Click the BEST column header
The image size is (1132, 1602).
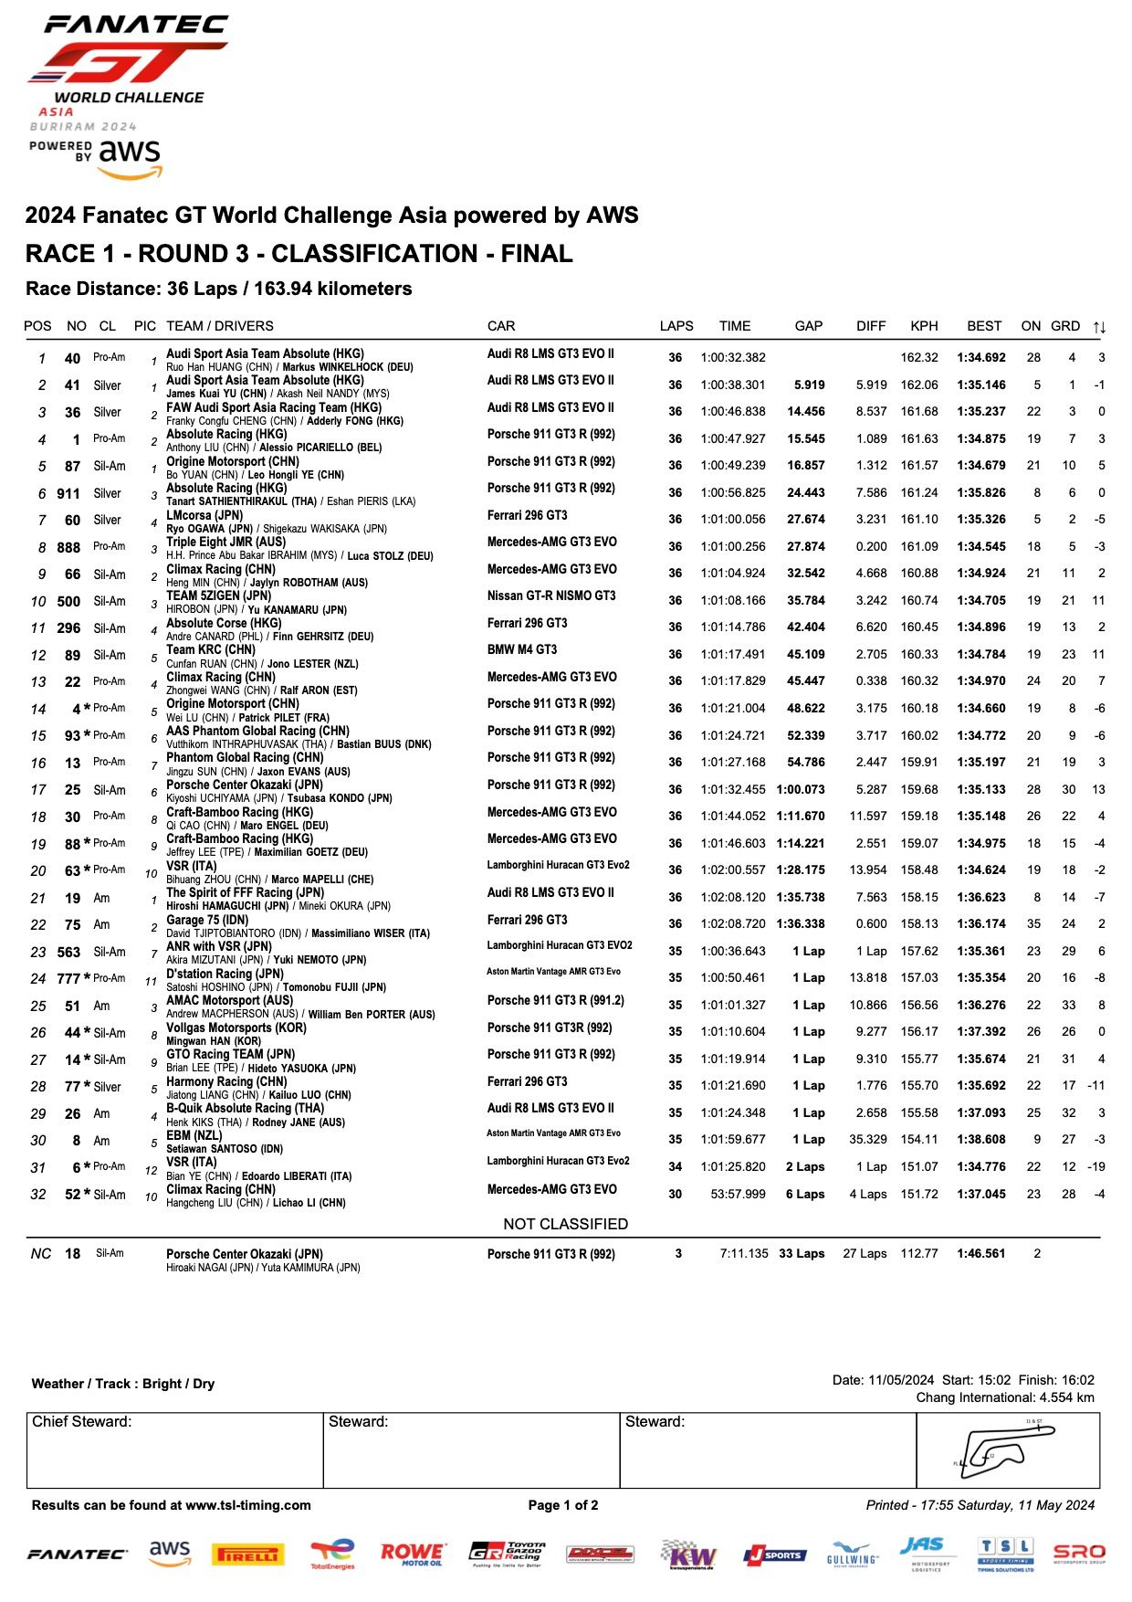[984, 326]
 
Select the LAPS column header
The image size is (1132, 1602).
[676, 326]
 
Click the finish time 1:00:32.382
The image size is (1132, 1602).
[733, 358]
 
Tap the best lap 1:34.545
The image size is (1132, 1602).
[981, 547]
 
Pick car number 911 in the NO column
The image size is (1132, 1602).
[68, 494]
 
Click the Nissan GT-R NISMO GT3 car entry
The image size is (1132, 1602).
[550, 596]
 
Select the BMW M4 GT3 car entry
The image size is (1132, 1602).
[522, 650]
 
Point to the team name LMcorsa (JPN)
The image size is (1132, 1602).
[204, 516]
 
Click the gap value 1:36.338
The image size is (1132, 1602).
[801, 924]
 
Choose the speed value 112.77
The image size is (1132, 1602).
[919, 1254]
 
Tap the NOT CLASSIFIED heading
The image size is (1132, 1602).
[566, 1224]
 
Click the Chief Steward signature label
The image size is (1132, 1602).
[82, 1422]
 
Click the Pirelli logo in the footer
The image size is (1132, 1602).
[247, 1555]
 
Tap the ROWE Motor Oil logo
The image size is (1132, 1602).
[413, 1554]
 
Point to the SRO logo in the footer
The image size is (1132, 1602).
[1079, 1554]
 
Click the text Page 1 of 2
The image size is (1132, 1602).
[563, 1505]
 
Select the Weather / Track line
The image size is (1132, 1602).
[123, 1384]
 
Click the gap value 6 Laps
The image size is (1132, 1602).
[805, 1195]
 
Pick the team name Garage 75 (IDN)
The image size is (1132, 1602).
[207, 920]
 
